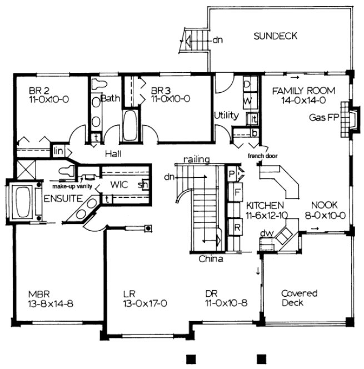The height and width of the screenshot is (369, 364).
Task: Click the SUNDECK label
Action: tap(275, 37)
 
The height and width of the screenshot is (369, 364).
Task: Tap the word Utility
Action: tap(226, 116)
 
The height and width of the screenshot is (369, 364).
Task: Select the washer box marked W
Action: tap(248, 100)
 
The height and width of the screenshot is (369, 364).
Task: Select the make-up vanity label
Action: tap(73, 179)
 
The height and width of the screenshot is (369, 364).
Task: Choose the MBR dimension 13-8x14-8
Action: tap(48, 303)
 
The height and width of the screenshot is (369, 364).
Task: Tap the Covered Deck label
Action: tap(299, 298)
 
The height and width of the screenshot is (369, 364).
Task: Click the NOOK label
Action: tap(322, 204)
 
